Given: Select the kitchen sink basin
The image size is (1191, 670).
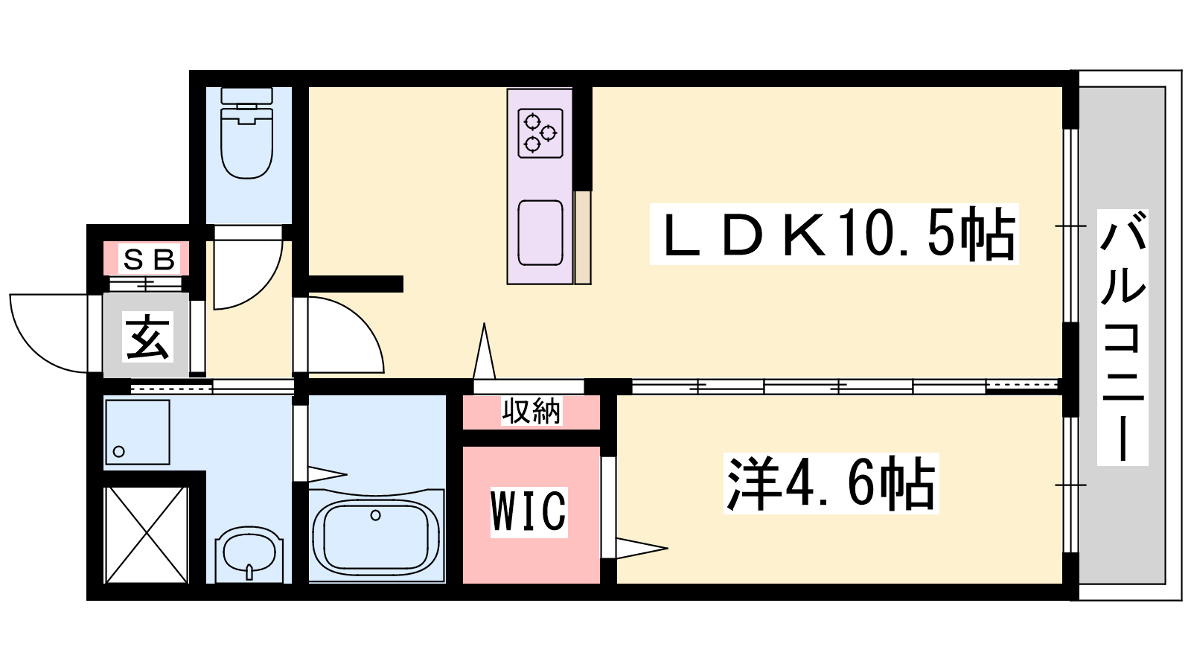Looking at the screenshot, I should pyautogui.click(x=540, y=232).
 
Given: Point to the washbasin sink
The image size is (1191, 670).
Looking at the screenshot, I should pyautogui.click(x=249, y=555).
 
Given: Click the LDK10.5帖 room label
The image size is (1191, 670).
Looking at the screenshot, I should pyautogui.click(x=834, y=234).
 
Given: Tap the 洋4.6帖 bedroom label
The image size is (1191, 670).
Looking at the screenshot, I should pyautogui.click(x=831, y=484).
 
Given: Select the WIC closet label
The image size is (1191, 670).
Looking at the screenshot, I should pyautogui.click(x=529, y=511).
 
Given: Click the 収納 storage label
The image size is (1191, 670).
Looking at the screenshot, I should pyautogui.click(x=531, y=412).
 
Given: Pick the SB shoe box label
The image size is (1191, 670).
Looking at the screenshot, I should pyautogui.click(x=149, y=260).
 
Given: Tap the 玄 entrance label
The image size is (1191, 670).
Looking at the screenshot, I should pyautogui.click(x=147, y=337).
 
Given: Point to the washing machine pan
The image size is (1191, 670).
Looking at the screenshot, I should pyautogui.click(x=138, y=433).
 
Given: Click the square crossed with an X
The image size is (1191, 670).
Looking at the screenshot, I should pyautogui.click(x=146, y=535).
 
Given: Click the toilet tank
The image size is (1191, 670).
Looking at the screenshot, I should pyautogui.click(x=247, y=96).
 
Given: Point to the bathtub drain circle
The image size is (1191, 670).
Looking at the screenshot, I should pyautogui.click(x=376, y=515).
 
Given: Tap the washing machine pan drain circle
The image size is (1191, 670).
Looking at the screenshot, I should pyautogui.click(x=118, y=451).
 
